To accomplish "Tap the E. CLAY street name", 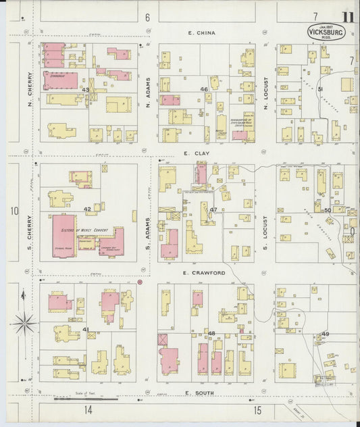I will [197, 154].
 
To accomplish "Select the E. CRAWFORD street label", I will [203, 273].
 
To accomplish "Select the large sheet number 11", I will [349, 18].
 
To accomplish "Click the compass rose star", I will [24, 324].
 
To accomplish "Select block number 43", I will [85, 90].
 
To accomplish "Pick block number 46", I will [203, 89].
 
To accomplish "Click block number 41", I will [86, 329].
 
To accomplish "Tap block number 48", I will [211, 333].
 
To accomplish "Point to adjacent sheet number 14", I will [88, 410].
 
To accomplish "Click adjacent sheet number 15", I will [257, 410].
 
